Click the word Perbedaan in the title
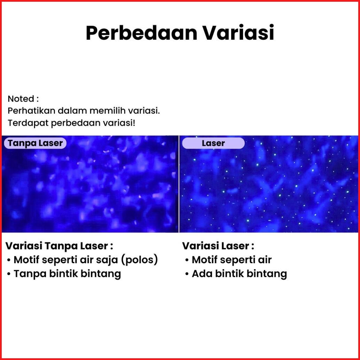coord(141,33)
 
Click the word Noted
coord(21,99)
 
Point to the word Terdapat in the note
coord(28,123)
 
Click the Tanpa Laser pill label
coord(35,143)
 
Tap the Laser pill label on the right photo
coord(213,143)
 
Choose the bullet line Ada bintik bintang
coord(236,274)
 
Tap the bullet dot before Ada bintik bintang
coord(187,274)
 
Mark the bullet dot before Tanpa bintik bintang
coord(9,274)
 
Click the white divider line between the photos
coord(179,184)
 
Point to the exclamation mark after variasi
coord(134,123)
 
